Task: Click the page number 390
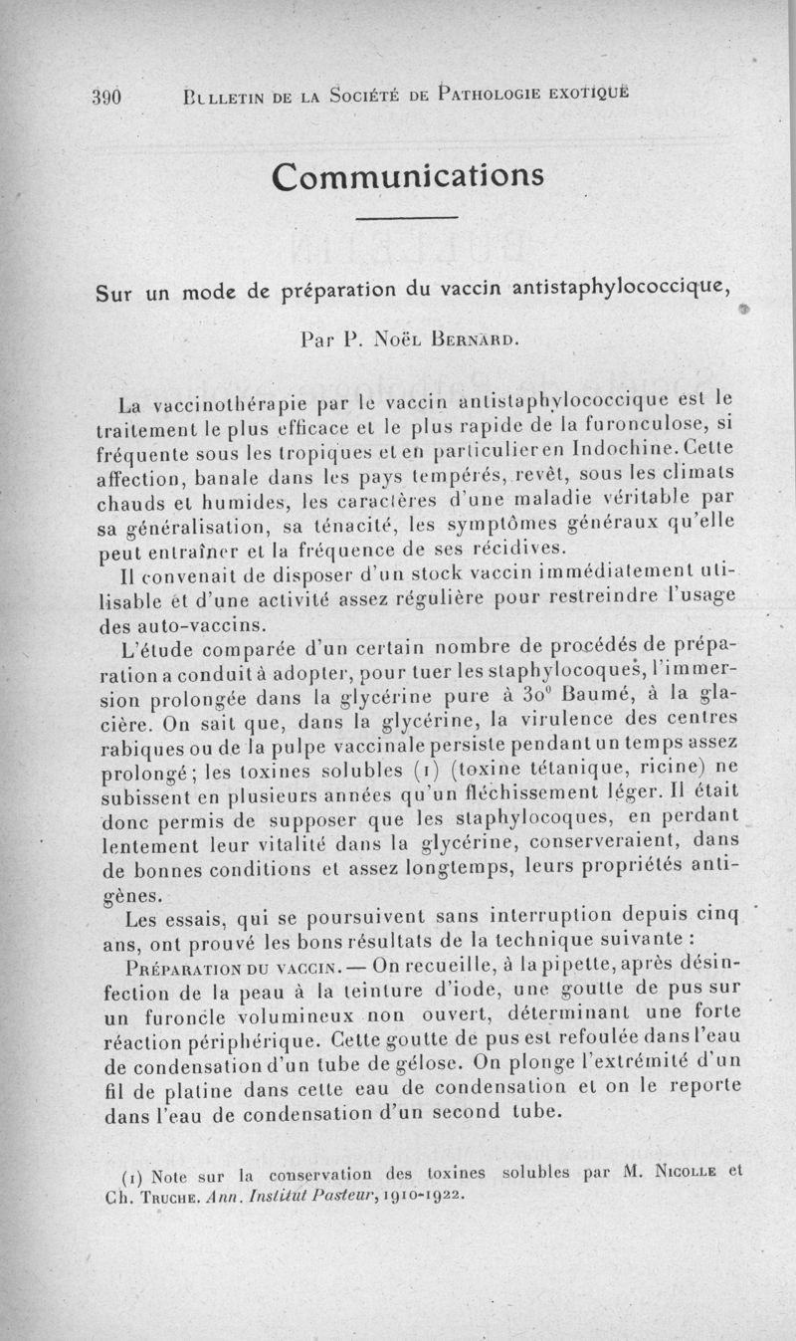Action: [x=105, y=96]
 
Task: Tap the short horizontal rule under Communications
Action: [x=406, y=217]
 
